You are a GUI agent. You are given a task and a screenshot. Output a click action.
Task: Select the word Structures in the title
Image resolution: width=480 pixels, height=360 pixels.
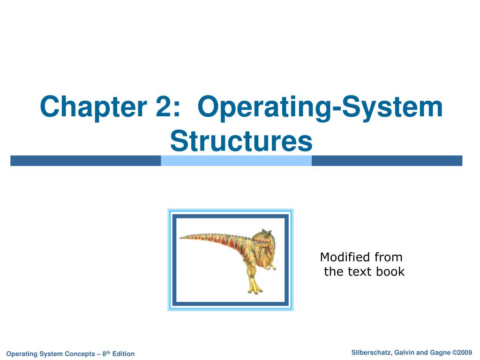(x=241, y=141)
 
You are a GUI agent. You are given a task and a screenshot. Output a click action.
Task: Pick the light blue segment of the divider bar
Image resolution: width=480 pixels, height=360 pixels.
(x=236, y=161)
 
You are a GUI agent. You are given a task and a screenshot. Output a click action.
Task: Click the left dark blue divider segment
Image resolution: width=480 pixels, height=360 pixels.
(x=85, y=161)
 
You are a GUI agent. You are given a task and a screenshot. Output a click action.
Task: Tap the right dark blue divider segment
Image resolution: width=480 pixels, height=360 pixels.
(x=387, y=161)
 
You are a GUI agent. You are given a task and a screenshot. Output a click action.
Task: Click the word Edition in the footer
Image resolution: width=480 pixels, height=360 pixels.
(x=123, y=354)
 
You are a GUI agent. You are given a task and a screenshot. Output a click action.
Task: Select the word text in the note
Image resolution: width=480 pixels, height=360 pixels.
(x=361, y=272)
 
